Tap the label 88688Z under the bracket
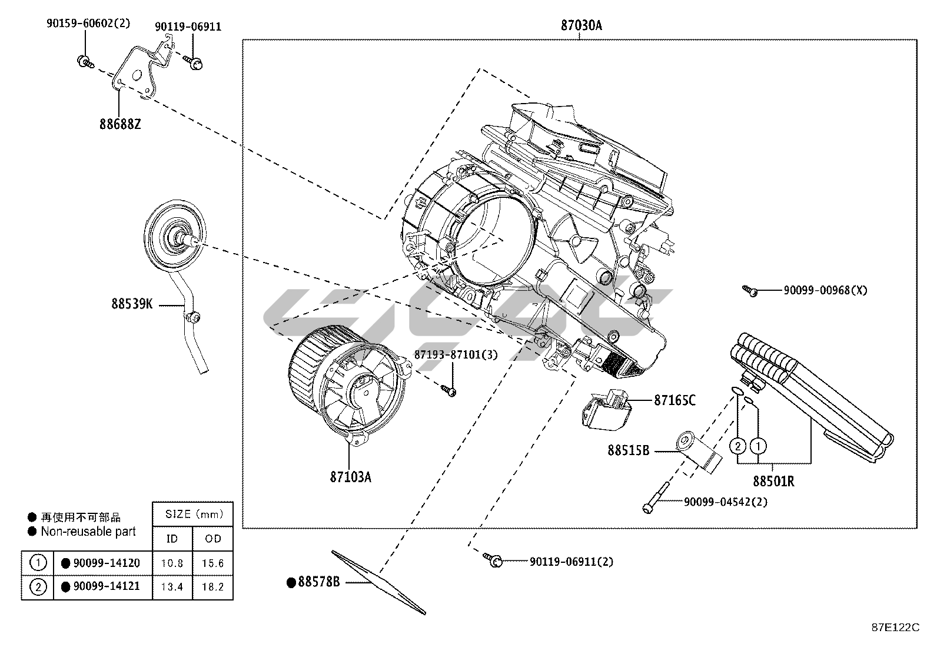pyautogui.click(x=119, y=124)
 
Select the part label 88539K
pyautogui.click(x=132, y=304)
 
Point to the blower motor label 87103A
pyautogui.click(x=350, y=477)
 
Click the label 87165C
pyautogui.click(x=674, y=400)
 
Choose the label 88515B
pyautogui.click(x=628, y=450)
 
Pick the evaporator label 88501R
pyautogui.click(x=773, y=481)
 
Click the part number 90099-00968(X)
pyautogui.click(x=825, y=290)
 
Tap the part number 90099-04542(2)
pyautogui.click(x=725, y=502)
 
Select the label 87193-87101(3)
pyautogui.click(x=456, y=355)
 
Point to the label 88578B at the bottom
pyautogui.click(x=318, y=582)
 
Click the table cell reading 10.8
pyautogui.click(x=172, y=563)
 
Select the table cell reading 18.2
pyautogui.click(x=212, y=587)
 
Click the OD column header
pyautogui.click(x=212, y=539)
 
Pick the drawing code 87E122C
pyautogui.click(x=895, y=627)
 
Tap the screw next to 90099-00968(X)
pyautogui.click(x=749, y=290)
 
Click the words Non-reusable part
pyautogui.click(x=88, y=532)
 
